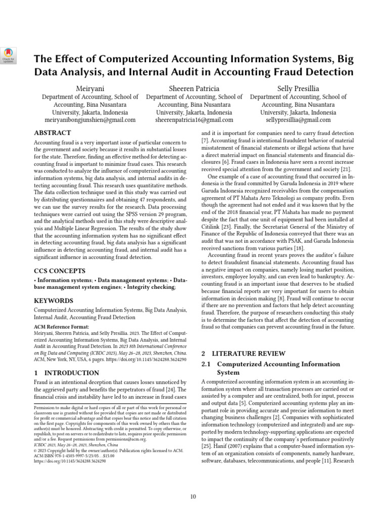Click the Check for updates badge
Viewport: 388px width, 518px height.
[x=10, y=55]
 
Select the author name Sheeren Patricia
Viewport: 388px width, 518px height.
[x=194, y=89]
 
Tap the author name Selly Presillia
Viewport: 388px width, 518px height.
[x=298, y=89]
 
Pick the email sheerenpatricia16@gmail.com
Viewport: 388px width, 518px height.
[x=194, y=120]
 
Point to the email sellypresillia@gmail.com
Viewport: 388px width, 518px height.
[x=298, y=120]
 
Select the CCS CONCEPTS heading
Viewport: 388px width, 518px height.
[x=59, y=271]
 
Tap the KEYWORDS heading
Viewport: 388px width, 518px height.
[x=54, y=300]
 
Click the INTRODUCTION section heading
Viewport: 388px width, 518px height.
[x=66, y=373]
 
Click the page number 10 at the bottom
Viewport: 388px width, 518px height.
[x=193, y=496]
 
